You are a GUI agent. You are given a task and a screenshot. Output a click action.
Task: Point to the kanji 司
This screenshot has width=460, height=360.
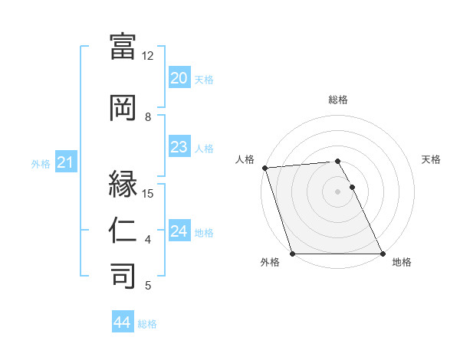click(123, 275)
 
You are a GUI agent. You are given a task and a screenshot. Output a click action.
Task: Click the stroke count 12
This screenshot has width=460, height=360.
click(148, 55)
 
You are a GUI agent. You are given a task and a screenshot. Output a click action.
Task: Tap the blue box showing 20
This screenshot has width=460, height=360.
click(179, 79)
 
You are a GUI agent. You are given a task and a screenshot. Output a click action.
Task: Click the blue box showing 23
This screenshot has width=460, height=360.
click(179, 148)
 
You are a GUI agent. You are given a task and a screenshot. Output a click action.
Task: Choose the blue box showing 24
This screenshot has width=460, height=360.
click(179, 232)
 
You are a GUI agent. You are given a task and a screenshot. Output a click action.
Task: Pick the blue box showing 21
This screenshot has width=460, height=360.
click(65, 162)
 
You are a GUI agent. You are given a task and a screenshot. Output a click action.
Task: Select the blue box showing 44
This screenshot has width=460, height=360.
click(122, 323)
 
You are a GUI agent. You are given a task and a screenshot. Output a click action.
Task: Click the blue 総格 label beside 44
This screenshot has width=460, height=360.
click(147, 324)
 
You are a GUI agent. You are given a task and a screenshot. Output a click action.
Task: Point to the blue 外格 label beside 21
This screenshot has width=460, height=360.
click(41, 163)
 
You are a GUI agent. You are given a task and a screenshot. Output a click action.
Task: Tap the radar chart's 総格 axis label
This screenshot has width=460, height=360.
click(338, 100)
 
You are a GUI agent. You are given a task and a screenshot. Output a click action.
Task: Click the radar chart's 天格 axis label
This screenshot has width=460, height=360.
click(432, 159)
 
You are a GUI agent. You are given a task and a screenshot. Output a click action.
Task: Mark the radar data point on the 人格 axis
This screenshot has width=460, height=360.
click(264, 168)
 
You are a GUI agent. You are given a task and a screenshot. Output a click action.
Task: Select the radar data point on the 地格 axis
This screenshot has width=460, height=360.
click(383, 254)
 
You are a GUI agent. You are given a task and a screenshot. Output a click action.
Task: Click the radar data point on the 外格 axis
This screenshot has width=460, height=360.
click(292, 254)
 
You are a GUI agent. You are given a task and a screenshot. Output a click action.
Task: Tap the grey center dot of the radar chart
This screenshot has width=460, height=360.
click(337, 191)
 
